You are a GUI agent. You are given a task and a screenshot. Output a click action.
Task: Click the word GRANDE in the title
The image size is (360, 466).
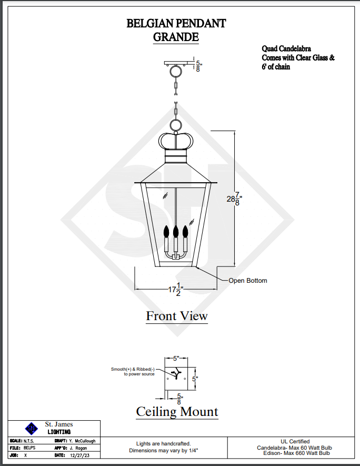(176, 37)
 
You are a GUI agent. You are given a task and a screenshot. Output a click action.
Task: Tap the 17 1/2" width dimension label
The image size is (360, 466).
(176, 289)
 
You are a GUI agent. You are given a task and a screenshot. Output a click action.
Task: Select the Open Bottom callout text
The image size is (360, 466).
(248, 281)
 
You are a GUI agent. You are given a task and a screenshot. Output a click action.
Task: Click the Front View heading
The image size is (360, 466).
(177, 315)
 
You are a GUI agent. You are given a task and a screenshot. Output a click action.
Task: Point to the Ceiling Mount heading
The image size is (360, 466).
(177, 412)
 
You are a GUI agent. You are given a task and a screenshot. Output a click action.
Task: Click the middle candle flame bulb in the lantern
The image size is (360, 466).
(176, 231)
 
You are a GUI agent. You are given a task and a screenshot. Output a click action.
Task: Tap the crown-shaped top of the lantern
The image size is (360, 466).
(176, 141)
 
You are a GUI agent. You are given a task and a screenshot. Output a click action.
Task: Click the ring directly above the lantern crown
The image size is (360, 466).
(176, 125)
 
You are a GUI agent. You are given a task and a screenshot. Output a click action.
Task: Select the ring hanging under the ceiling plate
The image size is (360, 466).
(176, 72)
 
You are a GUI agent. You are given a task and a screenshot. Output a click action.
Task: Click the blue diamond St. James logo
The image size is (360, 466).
(32, 429)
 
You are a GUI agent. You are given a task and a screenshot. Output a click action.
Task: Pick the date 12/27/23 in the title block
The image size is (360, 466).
(79, 455)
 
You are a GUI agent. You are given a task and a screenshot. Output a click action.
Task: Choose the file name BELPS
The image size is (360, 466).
(29, 448)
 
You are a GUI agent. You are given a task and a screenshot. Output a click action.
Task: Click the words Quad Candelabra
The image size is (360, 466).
(286, 48)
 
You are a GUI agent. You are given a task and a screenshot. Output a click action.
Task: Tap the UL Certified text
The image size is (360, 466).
(295, 442)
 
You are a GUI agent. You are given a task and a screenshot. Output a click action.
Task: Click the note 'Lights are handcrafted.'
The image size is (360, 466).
(163, 444)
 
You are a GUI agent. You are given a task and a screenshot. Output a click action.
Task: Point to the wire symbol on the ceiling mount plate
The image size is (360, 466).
(176, 374)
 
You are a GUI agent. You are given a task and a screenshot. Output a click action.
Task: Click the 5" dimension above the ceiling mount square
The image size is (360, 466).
(176, 359)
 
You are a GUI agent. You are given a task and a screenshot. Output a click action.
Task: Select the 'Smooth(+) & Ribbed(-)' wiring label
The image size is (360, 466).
(133, 369)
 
